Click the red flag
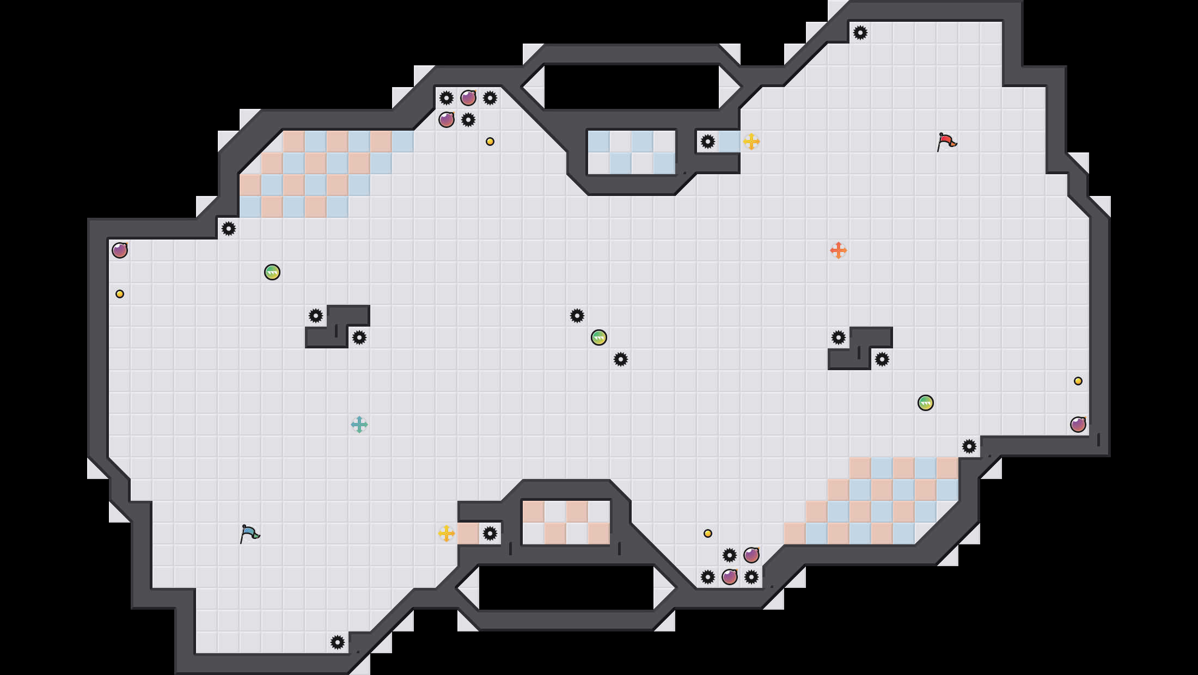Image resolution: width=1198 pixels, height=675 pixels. [946, 142]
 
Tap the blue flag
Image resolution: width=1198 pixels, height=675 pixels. [249, 533]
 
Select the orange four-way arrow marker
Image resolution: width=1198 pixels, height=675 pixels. [838, 250]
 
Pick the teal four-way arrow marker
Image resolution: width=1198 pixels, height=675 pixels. [359, 425]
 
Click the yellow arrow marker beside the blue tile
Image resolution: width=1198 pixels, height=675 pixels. [751, 142]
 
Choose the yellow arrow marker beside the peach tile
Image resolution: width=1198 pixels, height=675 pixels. [447, 533]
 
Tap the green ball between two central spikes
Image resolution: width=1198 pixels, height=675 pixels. [599, 337]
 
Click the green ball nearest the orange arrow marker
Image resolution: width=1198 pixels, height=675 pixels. [926, 403]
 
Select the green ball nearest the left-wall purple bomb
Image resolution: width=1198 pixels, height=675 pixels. [272, 272]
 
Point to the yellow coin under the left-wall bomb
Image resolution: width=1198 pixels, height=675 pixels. [120, 294]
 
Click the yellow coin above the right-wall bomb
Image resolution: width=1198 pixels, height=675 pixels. [1078, 381]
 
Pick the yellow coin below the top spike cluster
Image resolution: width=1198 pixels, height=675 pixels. [490, 142]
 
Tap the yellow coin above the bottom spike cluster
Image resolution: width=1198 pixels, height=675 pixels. [708, 533]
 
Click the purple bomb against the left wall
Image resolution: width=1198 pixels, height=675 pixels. [120, 250]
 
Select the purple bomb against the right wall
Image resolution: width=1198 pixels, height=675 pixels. [1078, 425]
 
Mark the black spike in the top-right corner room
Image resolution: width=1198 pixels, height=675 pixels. [860, 33]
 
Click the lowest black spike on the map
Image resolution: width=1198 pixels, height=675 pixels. [338, 642]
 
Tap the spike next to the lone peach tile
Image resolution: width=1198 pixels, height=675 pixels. [490, 533]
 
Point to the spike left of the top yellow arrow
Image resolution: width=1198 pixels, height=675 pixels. [708, 142]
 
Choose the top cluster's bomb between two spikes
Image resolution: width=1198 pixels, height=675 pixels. [468, 98]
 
